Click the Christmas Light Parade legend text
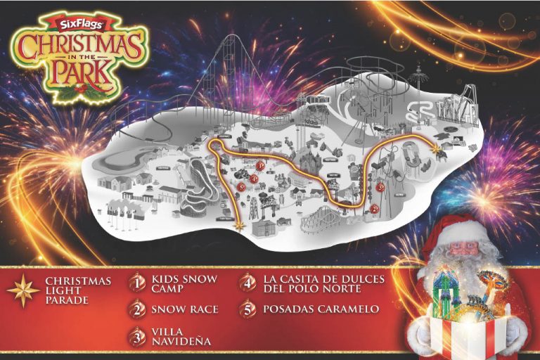(78, 291)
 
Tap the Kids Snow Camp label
(184, 283)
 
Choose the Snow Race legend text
(184, 309)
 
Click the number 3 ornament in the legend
(137, 335)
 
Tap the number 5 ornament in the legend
(247, 309)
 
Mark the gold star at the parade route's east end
(437, 149)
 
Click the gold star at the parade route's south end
(239, 226)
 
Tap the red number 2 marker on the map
(374, 209)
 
